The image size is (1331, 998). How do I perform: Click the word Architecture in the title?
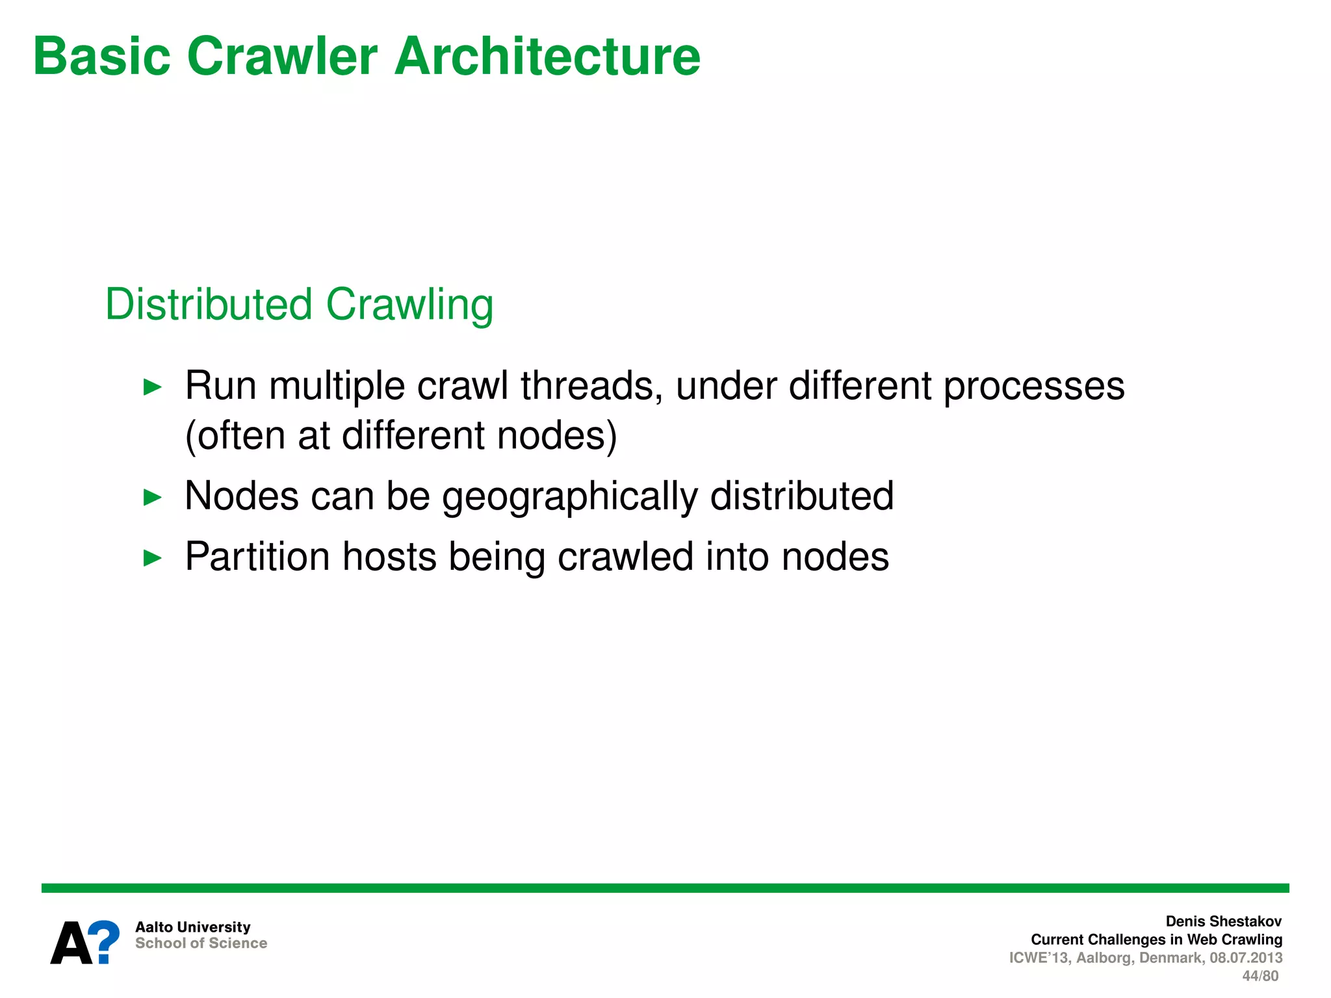(547, 57)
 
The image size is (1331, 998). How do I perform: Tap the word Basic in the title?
(101, 57)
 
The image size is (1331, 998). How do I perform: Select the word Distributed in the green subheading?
(209, 304)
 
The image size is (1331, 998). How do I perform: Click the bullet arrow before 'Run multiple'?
(152, 387)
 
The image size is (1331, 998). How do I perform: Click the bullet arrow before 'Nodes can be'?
(152, 498)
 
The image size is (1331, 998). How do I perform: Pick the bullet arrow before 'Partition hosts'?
(152, 557)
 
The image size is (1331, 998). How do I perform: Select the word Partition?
(257, 557)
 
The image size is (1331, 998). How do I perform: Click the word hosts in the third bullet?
(389, 557)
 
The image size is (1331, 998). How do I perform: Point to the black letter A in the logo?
(71, 943)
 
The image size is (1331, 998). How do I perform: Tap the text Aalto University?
(192, 927)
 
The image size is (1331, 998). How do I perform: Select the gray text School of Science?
(201, 943)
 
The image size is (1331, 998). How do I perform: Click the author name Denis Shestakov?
(1223, 921)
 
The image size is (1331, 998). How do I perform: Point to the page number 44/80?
(1260, 976)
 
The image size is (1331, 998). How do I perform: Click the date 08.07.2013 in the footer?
(1246, 958)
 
